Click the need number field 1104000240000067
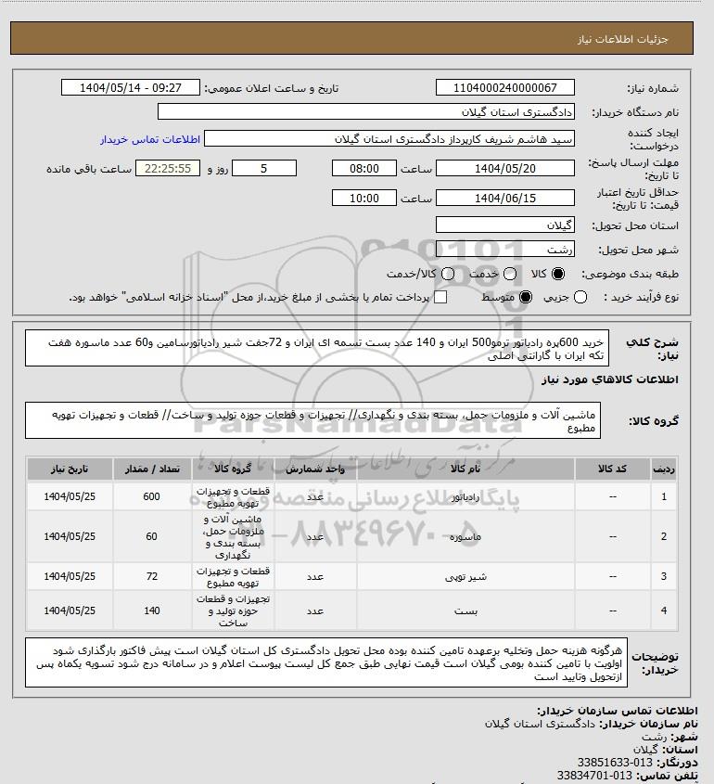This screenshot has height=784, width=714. [x=506, y=88]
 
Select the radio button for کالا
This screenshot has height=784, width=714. [x=557, y=275]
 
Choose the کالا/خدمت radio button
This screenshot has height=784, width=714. [x=449, y=275]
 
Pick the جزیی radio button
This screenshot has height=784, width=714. [x=581, y=297]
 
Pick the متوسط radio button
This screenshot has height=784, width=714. [x=526, y=297]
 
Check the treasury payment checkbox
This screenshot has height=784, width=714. [x=440, y=297]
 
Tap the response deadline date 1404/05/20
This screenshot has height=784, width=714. [x=506, y=169]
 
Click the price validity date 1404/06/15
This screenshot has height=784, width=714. [x=506, y=199]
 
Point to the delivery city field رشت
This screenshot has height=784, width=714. [x=506, y=250]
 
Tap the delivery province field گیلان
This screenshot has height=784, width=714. [x=506, y=225]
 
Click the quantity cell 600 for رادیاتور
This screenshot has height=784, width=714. [x=153, y=497]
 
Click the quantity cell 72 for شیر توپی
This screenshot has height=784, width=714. [x=153, y=576]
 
